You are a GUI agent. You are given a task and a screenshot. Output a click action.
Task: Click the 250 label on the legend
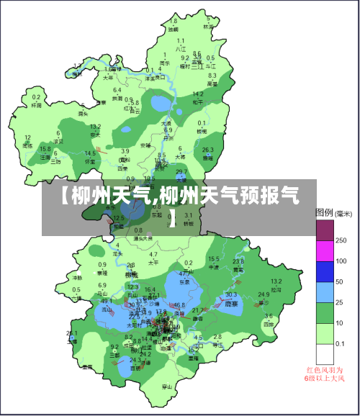point(341,240)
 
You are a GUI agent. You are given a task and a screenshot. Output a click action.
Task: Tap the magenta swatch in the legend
point(325,250)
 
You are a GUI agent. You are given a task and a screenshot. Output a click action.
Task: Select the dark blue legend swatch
point(325,271)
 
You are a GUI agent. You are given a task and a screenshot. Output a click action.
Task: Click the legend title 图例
point(324,213)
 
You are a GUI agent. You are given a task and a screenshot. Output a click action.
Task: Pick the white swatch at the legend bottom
point(325,354)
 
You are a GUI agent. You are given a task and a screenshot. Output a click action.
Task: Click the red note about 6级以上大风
point(325,374)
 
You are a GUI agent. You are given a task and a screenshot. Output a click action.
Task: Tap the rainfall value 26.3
point(208,150)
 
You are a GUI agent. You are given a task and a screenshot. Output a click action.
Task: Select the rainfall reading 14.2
point(197,94)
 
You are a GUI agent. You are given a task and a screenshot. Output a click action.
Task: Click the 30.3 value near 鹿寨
point(231,294)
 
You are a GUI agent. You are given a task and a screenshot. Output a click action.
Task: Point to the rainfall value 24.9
point(264,294)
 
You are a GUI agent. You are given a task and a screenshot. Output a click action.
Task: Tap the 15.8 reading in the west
point(45,149)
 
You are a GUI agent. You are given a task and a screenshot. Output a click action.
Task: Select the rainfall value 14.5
point(91,153)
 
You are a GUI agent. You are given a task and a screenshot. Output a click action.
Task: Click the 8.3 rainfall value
point(212,76)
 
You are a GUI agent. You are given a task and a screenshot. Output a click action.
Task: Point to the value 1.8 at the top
point(172,22)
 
